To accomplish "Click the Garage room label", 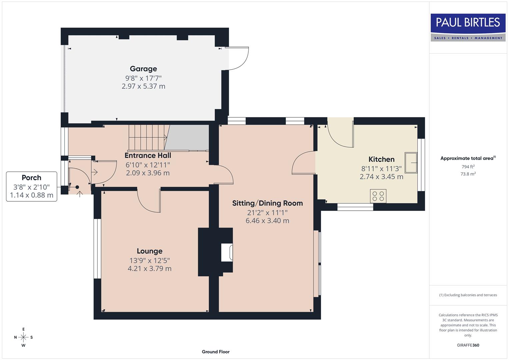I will pyautogui.click(x=143, y=69).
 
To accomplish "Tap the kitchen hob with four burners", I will pyautogui.click(x=378, y=196).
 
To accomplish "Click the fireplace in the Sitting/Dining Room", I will pyautogui.click(x=227, y=252).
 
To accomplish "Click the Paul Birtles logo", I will pyautogui.click(x=468, y=27).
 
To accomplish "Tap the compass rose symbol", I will pyautogui.click(x=23, y=337).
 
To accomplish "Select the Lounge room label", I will pyautogui.click(x=149, y=251).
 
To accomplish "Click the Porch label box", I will pyautogui.click(x=32, y=186).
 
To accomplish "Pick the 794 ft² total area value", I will pyautogui.click(x=468, y=167).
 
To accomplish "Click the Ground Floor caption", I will pyautogui.click(x=215, y=352).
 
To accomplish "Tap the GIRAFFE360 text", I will pyautogui.click(x=468, y=345).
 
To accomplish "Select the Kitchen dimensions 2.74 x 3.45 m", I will pyautogui.click(x=381, y=177).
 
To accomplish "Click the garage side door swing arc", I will pyautogui.click(x=239, y=59).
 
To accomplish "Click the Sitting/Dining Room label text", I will pyautogui.click(x=267, y=203).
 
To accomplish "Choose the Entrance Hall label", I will pyautogui.click(x=148, y=155).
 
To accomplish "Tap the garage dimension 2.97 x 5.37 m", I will pyautogui.click(x=143, y=86).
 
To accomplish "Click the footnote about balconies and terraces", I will pyautogui.click(x=468, y=295).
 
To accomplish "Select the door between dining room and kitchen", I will pyautogui.click(x=303, y=163).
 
